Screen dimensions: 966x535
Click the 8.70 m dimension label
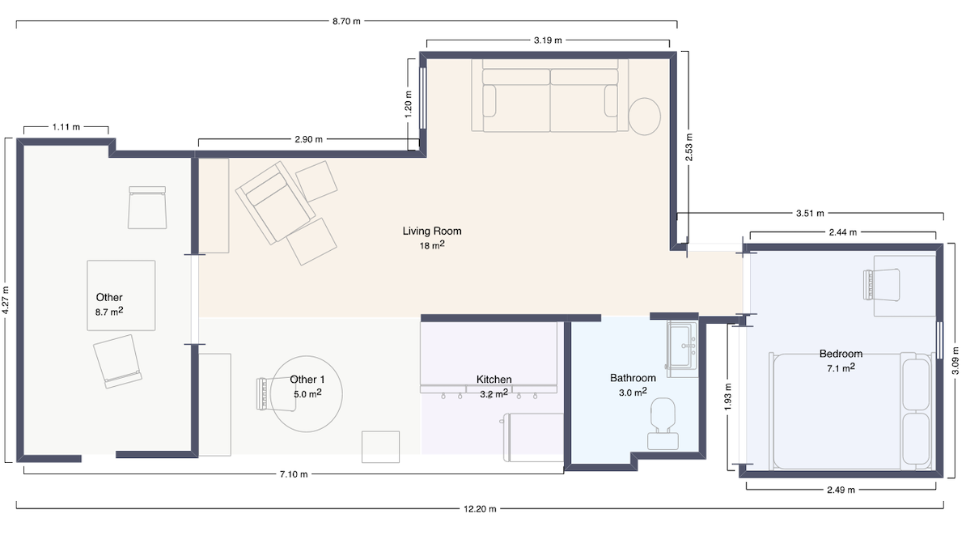[x=346, y=21]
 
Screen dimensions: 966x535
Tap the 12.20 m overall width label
[x=480, y=509]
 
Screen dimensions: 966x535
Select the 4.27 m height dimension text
[x=6, y=300]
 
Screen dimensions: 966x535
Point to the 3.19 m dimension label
[x=548, y=40]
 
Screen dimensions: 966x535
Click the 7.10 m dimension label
[x=293, y=474]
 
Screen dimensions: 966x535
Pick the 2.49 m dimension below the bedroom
[x=841, y=490]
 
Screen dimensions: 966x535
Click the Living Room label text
[x=432, y=231]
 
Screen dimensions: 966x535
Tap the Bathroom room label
[x=633, y=378]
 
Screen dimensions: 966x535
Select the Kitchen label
[x=494, y=380]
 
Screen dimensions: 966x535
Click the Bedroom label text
[x=841, y=354]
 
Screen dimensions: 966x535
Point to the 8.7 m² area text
[x=109, y=312]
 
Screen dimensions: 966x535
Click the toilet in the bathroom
[x=663, y=423]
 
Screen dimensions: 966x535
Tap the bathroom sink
[x=682, y=350]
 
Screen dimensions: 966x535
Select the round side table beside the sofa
[x=645, y=117]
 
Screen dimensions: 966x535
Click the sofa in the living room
[x=550, y=96]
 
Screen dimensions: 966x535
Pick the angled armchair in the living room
[x=275, y=201]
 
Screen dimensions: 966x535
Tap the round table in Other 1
[x=307, y=394]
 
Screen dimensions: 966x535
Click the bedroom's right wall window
[x=939, y=340]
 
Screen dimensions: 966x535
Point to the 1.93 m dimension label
[x=727, y=397]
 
